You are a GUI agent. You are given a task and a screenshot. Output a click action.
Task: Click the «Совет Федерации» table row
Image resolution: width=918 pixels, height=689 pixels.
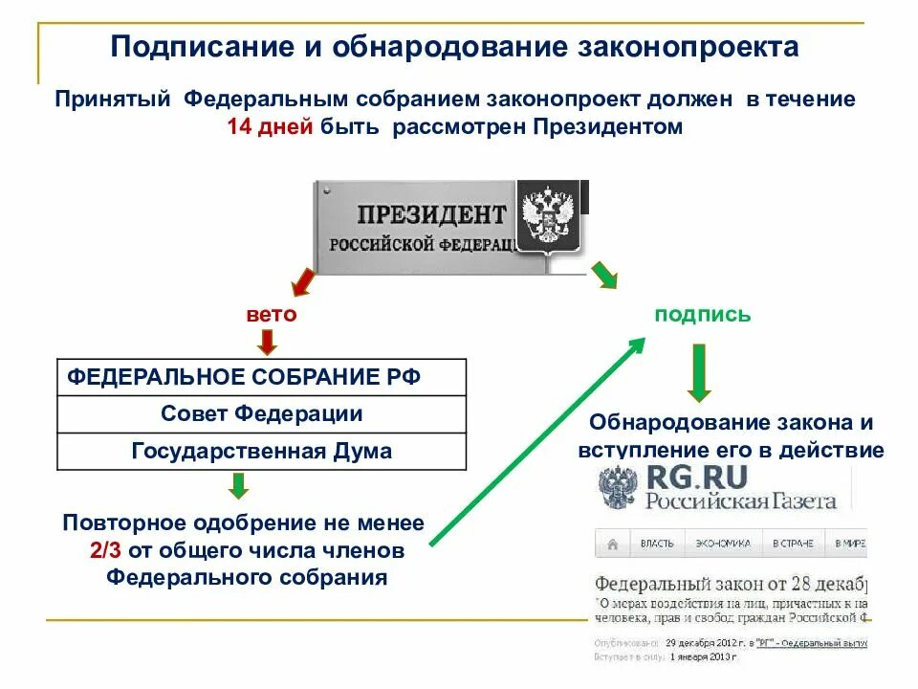[261, 413]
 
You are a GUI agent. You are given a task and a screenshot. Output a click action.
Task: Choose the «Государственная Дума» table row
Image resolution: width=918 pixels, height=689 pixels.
[261, 451]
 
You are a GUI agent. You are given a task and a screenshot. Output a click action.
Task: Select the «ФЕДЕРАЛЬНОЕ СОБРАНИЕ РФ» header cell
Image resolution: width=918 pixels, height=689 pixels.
[243, 376]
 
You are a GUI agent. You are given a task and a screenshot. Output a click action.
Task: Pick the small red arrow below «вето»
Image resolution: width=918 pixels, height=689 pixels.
[267, 341]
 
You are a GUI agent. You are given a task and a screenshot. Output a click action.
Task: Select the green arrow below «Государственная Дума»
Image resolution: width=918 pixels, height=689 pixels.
[239, 486]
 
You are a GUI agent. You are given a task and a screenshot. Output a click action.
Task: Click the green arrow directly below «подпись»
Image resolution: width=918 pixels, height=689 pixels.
[700, 374]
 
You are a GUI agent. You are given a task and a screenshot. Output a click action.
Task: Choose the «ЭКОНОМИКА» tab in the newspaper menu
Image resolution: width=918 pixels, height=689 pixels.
[723, 544]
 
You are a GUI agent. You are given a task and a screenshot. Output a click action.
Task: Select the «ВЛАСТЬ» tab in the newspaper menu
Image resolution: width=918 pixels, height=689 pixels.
[657, 544]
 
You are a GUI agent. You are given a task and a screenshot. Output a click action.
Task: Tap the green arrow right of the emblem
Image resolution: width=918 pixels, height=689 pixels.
[603, 275]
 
